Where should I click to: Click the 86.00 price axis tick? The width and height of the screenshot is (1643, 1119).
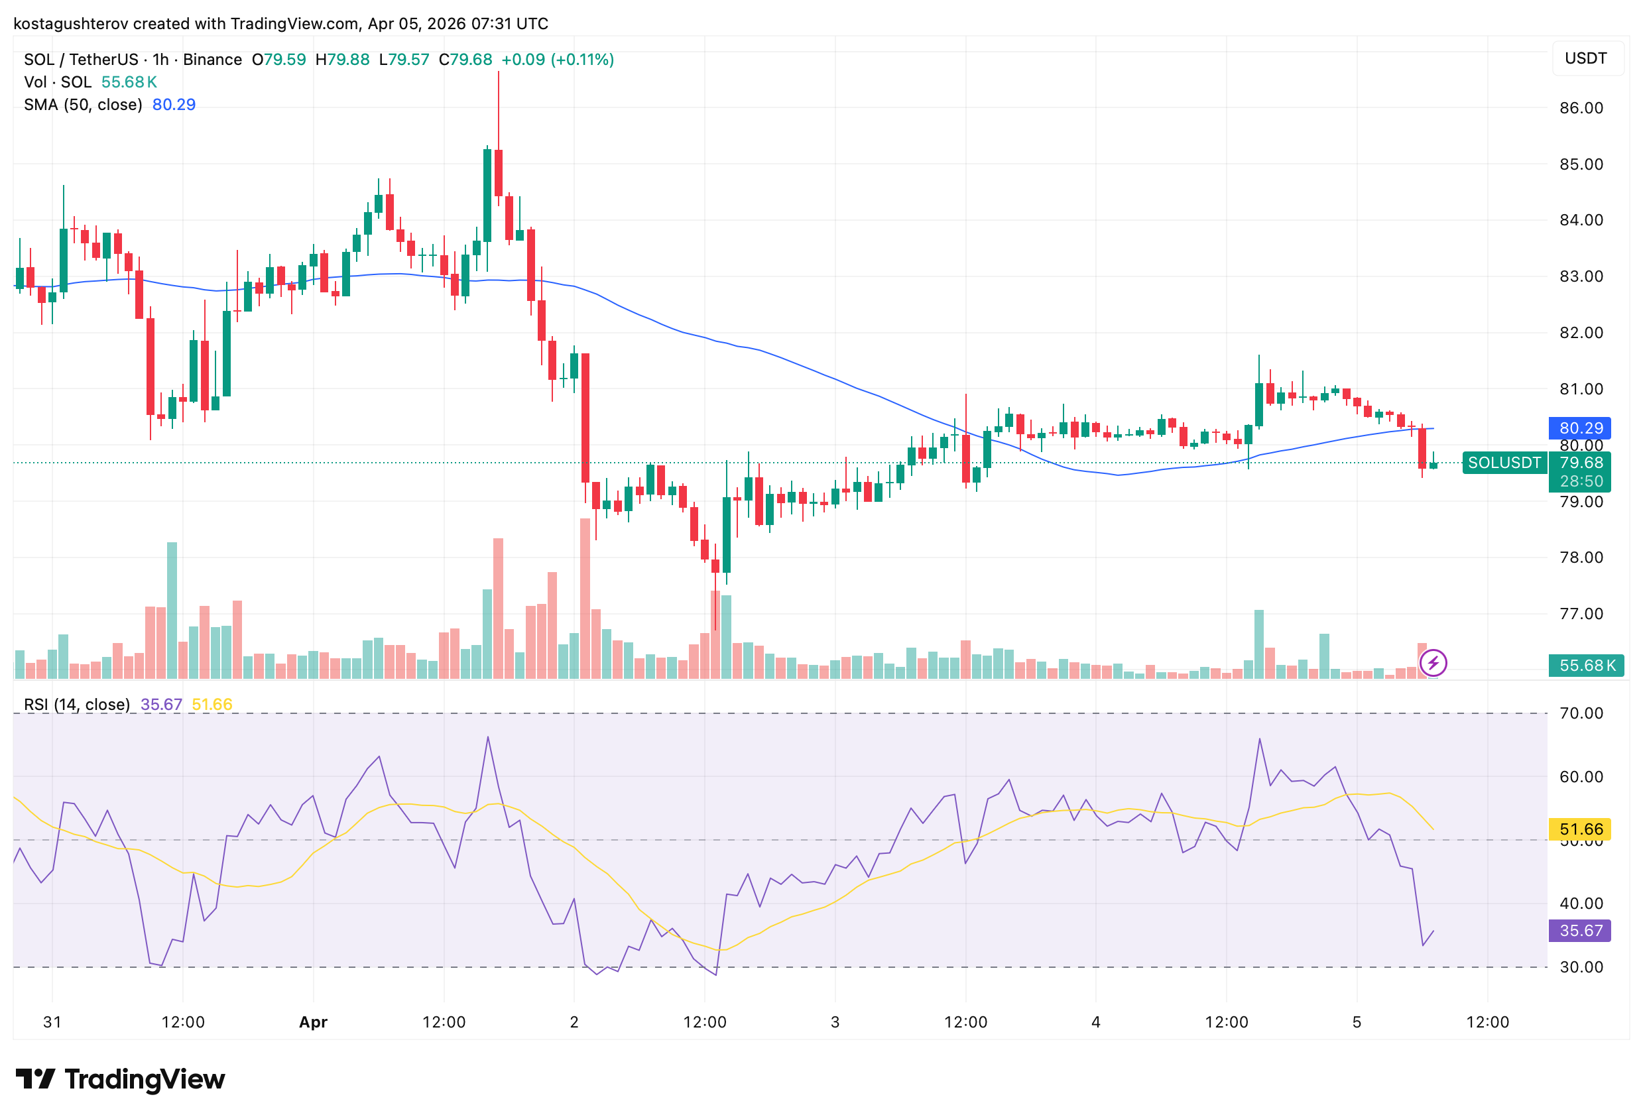pos(1581,108)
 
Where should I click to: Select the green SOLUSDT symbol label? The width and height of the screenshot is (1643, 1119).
pos(1504,463)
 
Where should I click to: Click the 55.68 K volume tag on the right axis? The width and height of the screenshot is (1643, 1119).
pos(1586,665)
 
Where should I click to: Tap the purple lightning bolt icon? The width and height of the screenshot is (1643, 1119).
pos(1433,663)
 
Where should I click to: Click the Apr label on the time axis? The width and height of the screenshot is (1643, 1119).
pos(313,1022)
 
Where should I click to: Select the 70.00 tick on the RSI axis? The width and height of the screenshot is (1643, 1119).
pos(1581,713)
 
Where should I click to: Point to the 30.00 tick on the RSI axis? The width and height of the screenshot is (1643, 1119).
pos(1581,967)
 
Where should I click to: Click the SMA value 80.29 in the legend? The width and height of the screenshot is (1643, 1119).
pos(174,105)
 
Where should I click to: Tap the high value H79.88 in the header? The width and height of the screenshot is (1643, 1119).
pos(342,60)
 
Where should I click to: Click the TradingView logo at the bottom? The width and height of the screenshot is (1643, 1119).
pos(120,1079)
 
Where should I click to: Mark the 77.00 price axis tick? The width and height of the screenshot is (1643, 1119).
pos(1581,614)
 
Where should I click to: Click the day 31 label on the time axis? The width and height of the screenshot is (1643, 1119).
pos(52,1022)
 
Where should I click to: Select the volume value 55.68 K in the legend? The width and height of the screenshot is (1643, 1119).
pos(129,82)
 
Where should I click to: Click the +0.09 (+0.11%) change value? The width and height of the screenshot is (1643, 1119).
pos(557,60)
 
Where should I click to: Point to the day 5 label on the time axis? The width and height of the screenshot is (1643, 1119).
pos(1357,1022)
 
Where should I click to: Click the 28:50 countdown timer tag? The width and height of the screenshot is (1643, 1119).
pos(1581,481)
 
